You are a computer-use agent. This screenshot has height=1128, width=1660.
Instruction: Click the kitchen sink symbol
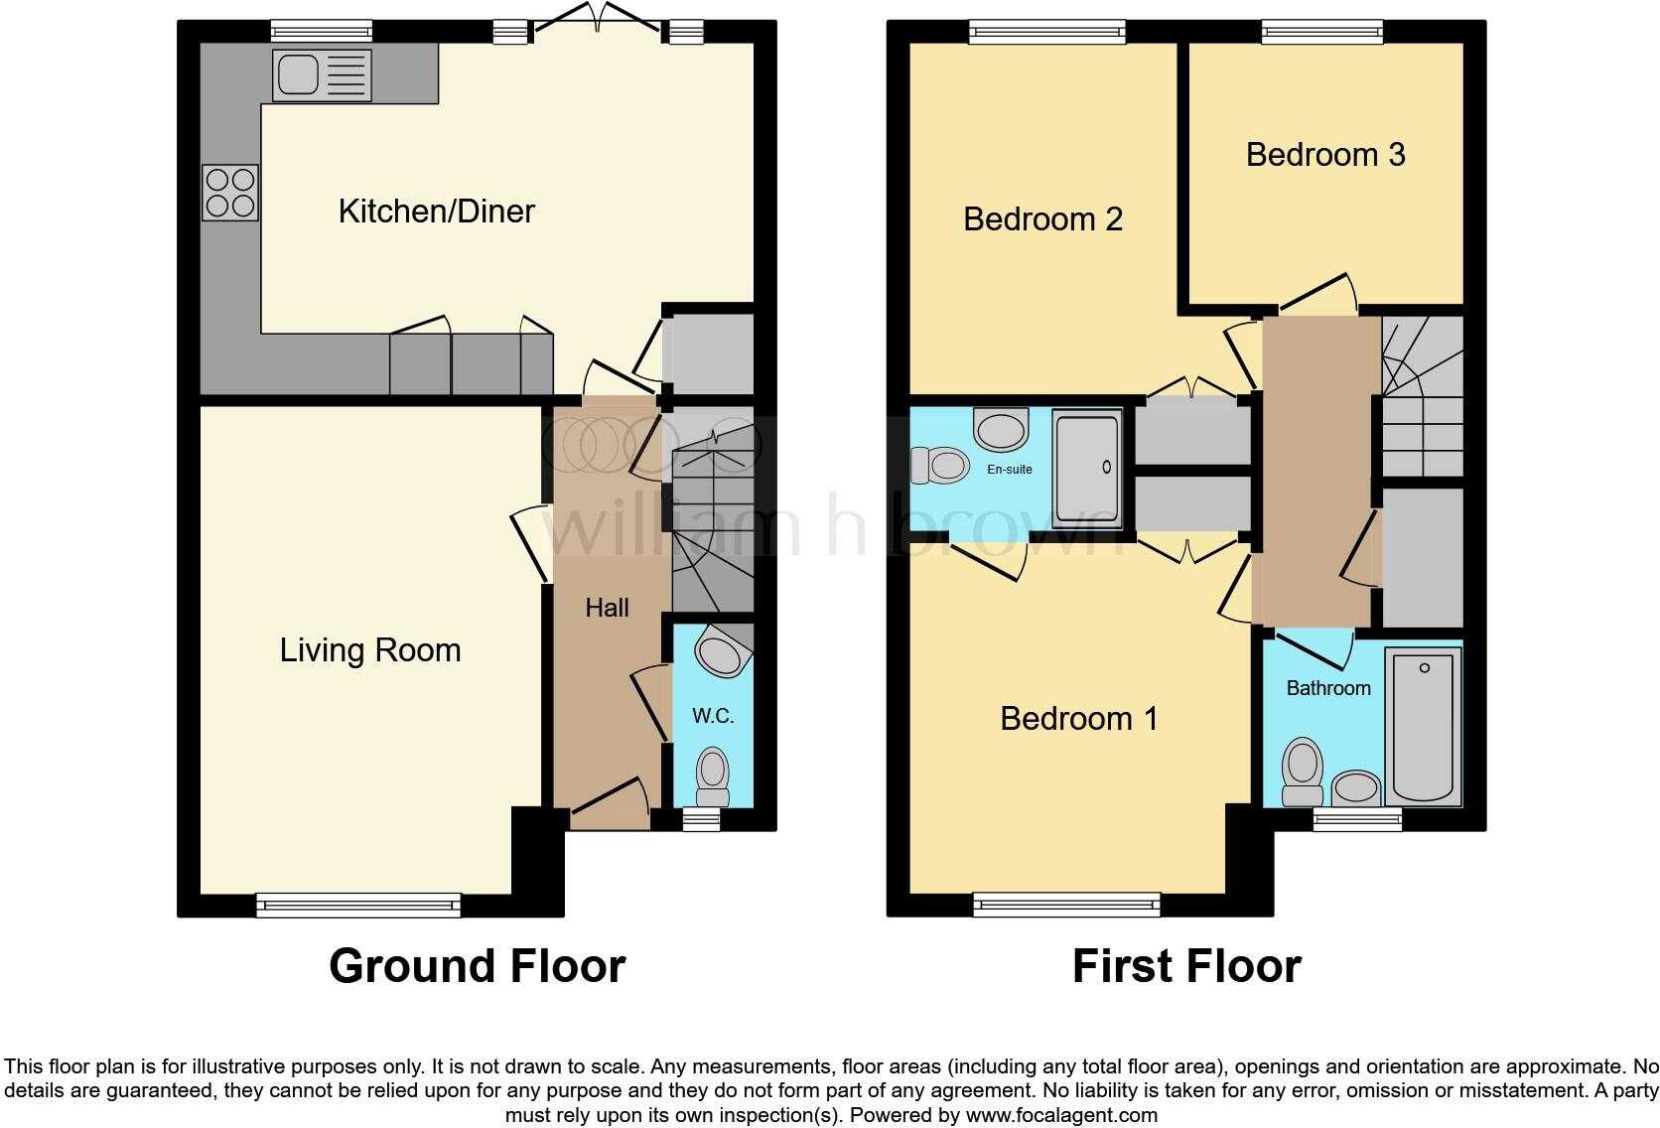point(322,75)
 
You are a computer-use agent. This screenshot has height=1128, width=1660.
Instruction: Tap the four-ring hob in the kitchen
point(230,192)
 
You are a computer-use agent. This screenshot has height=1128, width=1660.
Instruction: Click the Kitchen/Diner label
point(436,211)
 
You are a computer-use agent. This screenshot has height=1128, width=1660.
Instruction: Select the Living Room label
point(369,650)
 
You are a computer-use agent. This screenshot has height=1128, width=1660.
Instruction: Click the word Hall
point(607,608)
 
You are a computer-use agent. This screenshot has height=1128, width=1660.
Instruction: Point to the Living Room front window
point(358,904)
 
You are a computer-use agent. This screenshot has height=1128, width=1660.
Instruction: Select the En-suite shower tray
point(1087,470)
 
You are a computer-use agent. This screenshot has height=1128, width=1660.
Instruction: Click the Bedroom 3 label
point(1324,155)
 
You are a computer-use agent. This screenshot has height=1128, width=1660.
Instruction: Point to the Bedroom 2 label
point(1042,218)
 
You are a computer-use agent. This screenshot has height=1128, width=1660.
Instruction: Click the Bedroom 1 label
point(1078,718)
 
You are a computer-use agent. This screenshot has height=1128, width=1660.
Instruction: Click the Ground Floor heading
point(477,966)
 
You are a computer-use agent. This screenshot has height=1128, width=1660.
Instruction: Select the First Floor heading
point(1186,966)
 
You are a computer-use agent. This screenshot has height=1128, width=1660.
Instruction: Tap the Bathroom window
point(1356,819)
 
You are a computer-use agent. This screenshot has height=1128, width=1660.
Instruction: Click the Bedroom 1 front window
point(1066,904)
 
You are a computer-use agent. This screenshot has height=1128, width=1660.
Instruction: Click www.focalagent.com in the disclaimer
point(1060,1115)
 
